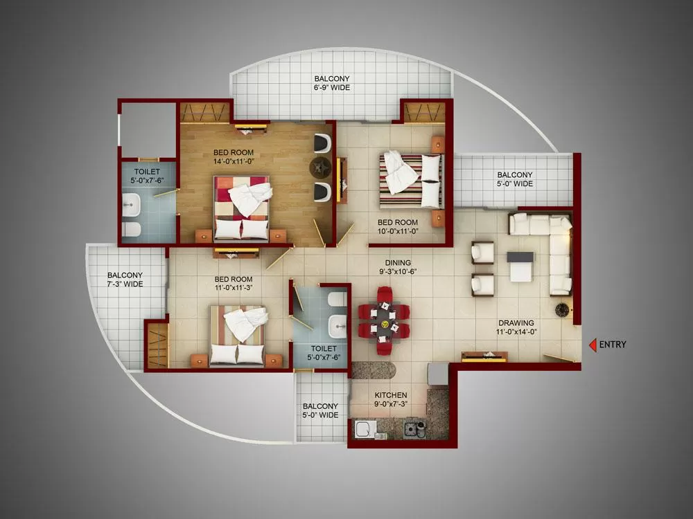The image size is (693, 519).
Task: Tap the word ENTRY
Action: (x=613, y=345)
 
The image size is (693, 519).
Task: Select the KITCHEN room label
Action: (x=391, y=395)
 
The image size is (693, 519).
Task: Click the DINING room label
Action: (x=398, y=262)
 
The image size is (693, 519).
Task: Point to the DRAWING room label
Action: (x=516, y=322)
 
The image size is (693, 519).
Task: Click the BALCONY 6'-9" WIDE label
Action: (x=332, y=83)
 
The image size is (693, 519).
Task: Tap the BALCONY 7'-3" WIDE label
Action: (x=125, y=280)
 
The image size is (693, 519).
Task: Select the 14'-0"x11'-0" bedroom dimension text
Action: (x=234, y=161)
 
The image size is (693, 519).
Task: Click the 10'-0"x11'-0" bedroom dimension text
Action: (x=398, y=231)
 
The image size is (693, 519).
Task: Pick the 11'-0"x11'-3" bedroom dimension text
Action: (x=234, y=288)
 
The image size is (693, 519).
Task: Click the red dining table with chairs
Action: (x=384, y=321)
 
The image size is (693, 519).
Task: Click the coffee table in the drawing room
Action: (x=520, y=266)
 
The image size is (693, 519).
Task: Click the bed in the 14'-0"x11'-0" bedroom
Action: (x=241, y=209)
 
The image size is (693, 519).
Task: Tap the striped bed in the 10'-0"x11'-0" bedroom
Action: (x=410, y=181)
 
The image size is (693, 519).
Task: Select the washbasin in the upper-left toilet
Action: (x=131, y=205)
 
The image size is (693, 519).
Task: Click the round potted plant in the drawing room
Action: (x=562, y=309)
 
